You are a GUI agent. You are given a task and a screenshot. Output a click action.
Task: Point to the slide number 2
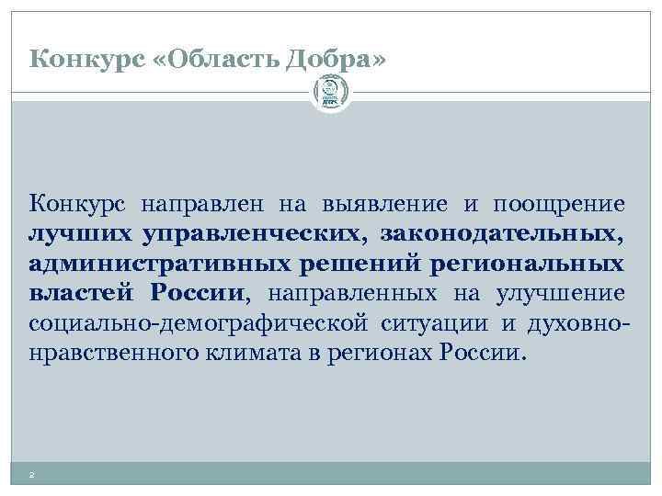(x=32, y=475)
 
